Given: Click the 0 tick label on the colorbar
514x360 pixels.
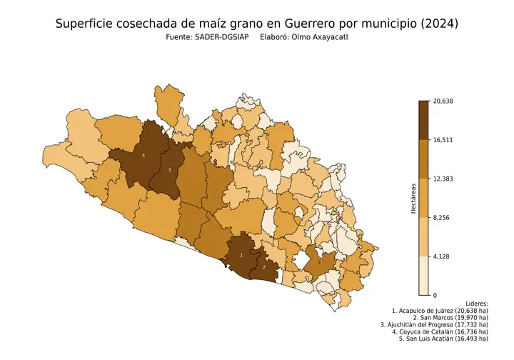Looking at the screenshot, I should pos(434,295).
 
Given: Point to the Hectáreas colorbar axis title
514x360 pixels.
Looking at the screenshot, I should pos(413,198).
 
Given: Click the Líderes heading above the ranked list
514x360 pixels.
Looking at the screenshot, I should pos(475,304).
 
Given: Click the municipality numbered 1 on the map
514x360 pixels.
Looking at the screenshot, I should pos(241,254).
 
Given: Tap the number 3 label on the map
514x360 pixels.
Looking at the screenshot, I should pos(169,170).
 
